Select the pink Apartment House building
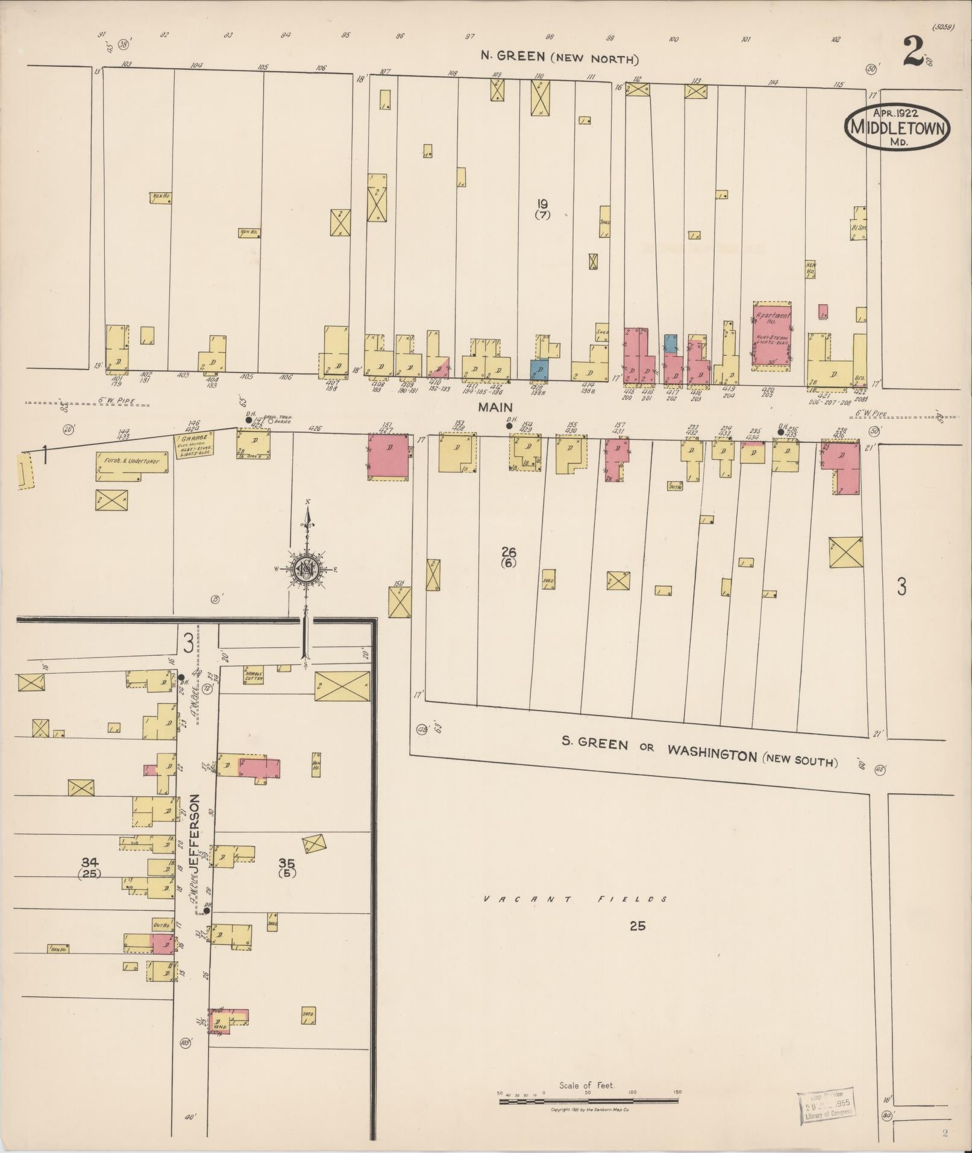pyautogui.click(x=772, y=334)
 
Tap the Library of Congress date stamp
pyautogui.click(x=826, y=1107)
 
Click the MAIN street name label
pyautogui.click(x=495, y=407)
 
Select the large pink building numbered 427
pyautogui.click(x=390, y=457)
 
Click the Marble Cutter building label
pyautogui.click(x=254, y=675)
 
